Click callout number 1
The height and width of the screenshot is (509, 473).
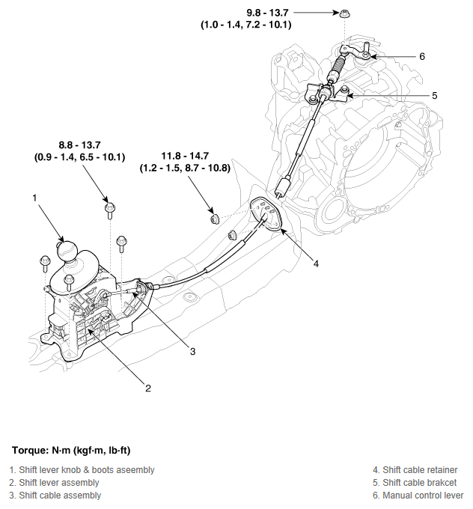pos(34,198)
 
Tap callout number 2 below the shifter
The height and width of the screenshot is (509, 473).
pos(148,388)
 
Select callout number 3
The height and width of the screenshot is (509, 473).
pos(192,351)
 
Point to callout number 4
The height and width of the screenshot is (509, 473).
pos(316,263)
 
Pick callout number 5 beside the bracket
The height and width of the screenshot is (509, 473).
pos(434,96)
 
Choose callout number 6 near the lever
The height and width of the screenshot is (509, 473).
pos(422,56)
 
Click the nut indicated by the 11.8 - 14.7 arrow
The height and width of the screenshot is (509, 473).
pos(214,218)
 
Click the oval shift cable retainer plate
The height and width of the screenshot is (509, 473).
pos(266,213)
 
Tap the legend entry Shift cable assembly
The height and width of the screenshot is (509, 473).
pos(55,496)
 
